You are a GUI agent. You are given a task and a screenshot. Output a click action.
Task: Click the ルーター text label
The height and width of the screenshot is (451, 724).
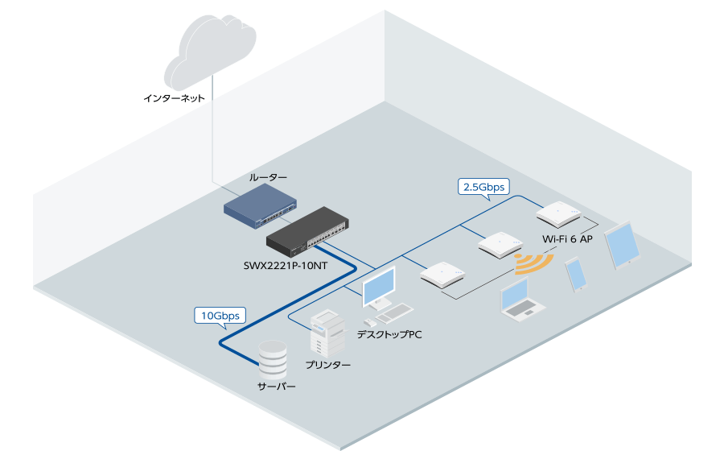pos(268,177)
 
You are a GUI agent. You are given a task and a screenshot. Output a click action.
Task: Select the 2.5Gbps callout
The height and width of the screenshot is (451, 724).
pos(483,187)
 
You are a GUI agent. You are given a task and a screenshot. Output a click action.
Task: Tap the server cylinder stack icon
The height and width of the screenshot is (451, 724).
pos(271,362)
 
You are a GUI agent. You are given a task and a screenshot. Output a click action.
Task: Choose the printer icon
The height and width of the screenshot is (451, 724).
pos(327,333)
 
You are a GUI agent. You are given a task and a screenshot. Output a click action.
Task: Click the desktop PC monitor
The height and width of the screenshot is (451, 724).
pos(380,287)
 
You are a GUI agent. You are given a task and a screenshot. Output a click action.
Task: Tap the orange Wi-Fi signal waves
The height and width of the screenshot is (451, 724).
pos(534,264)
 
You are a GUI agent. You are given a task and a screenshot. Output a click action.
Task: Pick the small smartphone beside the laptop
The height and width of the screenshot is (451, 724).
pos(576,275)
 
